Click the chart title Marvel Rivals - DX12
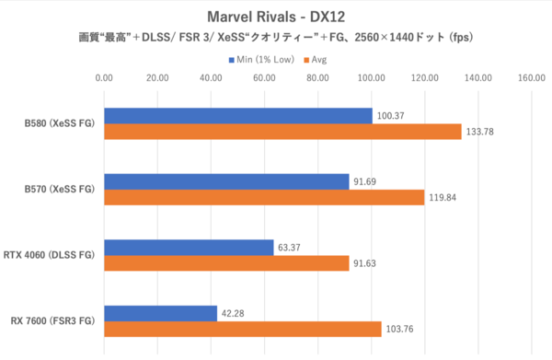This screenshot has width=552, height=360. [x=275, y=17]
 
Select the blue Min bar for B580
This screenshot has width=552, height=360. [x=238, y=115]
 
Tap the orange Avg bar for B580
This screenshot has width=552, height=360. [x=282, y=132]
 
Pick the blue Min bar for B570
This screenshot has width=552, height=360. [x=226, y=181]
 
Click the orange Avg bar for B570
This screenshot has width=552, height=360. [x=264, y=197]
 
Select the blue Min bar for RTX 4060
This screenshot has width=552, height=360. [x=189, y=247]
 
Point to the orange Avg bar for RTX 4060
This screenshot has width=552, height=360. [x=226, y=263]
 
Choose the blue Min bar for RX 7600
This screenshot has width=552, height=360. [x=160, y=313]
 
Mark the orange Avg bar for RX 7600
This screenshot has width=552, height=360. [x=243, y=329]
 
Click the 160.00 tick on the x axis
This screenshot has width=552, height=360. [x=532, y=78]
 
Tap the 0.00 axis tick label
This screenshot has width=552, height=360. [x=104, y=78]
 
